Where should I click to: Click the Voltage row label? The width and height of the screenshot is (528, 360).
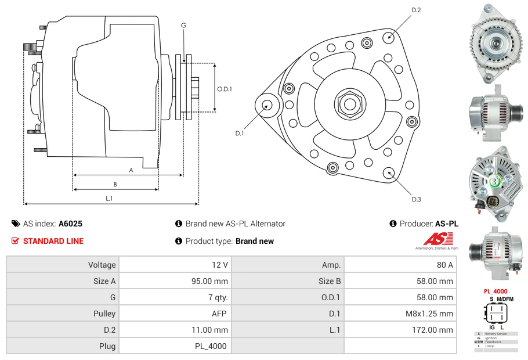[102, 265]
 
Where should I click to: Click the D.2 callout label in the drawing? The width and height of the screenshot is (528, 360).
[415, 10]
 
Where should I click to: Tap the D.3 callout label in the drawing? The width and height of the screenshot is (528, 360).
[416, 199]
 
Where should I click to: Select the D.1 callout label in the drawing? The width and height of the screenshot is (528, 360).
[239, 133]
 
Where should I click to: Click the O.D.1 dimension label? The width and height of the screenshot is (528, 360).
[225, 89]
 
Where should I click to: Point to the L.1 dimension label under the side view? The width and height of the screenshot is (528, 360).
[109, 199]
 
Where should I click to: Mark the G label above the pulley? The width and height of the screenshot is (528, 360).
[183, 25]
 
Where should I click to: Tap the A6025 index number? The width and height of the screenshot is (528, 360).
[70, 224]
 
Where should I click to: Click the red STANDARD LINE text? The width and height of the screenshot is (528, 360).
[53, 241]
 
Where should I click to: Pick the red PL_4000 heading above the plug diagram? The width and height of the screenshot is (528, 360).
[496, 291]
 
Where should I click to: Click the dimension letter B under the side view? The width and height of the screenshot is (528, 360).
[115, 185]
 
